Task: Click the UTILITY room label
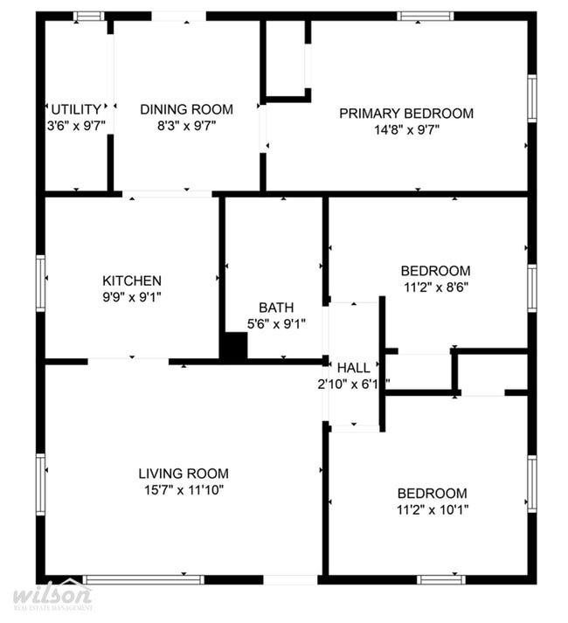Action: [76, 109]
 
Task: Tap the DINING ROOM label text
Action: [186, 109]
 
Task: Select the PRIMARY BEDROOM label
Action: [406, 113]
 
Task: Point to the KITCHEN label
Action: [132, 280]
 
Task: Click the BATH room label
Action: [275, 308]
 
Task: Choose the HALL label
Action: [354, 368]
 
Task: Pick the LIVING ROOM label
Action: [183, 474]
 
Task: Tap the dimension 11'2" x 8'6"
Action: [435, 287]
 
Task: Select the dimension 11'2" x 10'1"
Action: [432, 509]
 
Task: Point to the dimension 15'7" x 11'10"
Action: [183, 490]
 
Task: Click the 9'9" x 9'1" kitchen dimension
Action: [132, 297]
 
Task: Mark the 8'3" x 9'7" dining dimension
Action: [186, 126]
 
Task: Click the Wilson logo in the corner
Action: [52, 598]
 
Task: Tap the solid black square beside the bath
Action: [233, 347]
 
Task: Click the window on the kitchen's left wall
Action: [40, 281]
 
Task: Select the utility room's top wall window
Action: [88, 16]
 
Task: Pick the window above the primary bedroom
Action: [425, 16]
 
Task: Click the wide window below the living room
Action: [144, 578]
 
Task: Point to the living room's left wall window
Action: [40, 479]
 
